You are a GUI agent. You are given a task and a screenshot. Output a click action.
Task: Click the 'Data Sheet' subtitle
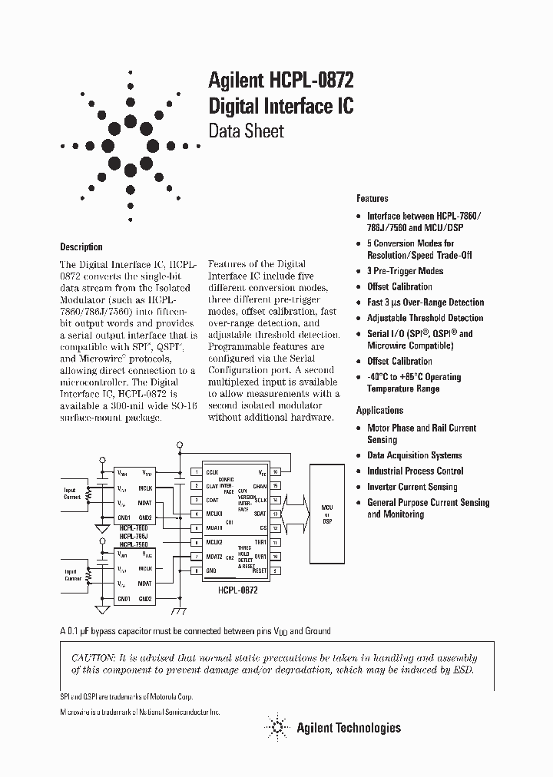[247, 131]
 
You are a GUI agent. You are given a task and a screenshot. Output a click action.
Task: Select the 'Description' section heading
[81, 247]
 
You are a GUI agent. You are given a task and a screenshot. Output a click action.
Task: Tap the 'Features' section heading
[372, 198]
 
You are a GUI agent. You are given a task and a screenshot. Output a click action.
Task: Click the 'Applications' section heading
[379, 411]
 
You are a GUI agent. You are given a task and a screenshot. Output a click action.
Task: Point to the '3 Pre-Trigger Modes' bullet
[405, 271]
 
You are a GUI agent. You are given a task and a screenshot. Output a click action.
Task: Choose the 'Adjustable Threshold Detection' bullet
[425, 318]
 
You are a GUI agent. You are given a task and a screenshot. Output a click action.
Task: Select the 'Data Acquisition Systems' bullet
[414, 455]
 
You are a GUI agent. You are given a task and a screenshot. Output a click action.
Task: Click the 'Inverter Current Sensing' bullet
[412, 487]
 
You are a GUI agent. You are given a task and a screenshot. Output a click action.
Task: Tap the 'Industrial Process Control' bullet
[416, 471]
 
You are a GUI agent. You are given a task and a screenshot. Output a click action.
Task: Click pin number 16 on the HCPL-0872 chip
[275, 471]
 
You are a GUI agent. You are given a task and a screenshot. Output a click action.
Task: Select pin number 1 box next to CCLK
[196, 471]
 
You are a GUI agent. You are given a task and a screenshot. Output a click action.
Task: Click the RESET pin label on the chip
[259, 570]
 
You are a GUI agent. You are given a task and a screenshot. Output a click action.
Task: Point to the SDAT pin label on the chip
[260, 514]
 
